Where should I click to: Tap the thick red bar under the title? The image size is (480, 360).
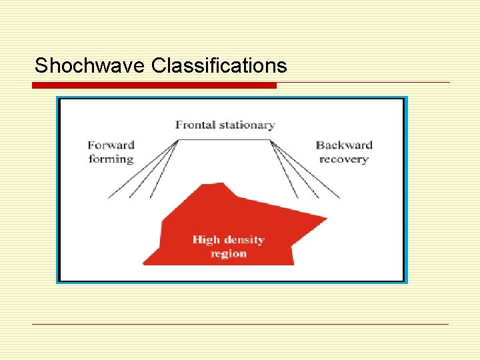point(154,85)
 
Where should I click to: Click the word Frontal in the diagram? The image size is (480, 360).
point(196,125)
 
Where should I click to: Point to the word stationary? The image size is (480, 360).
point(247,125)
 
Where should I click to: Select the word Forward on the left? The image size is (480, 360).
point(111,145)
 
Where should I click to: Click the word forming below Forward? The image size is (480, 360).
point(111,159)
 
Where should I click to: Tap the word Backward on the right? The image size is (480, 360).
point(343,145)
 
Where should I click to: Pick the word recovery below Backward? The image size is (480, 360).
point(343,159)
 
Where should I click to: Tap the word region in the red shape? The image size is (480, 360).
point(228,253)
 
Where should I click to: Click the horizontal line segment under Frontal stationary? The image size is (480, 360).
point(224,139)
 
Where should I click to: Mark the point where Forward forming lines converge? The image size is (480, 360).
point(178,140)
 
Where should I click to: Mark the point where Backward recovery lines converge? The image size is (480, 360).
point(270,140)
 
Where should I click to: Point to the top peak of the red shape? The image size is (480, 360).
point(223,183)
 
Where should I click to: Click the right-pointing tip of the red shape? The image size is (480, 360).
point(326,218)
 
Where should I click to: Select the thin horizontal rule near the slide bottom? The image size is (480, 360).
point(240,324)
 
